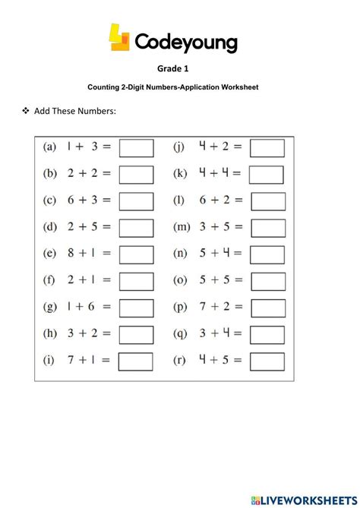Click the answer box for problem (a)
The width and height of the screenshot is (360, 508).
(x=137, y=148)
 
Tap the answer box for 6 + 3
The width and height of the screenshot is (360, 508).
(x=137, y=201)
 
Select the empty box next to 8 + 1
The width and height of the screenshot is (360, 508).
(x=137, y=254)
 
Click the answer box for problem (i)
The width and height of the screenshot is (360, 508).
(x=137, y=361)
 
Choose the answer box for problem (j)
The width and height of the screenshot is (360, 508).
(x=267, y=148)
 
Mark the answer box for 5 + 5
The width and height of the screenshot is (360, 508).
(x=267, y=281)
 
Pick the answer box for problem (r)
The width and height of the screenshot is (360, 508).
(x=267, y=361)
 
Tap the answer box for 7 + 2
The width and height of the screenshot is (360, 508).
(x=267, y=308)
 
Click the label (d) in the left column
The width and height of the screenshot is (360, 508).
(x=51, y=227)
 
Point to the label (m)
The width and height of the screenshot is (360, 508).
(x=182, y=227)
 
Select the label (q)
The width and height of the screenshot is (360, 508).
(x=181, y=333)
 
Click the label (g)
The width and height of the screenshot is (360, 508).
(x=51, y=307)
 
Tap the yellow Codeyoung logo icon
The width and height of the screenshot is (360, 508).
(x=120, y=38)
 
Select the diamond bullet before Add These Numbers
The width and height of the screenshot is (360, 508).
(x=25, y=111)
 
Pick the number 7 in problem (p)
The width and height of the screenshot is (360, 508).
(x=204, y=307)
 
